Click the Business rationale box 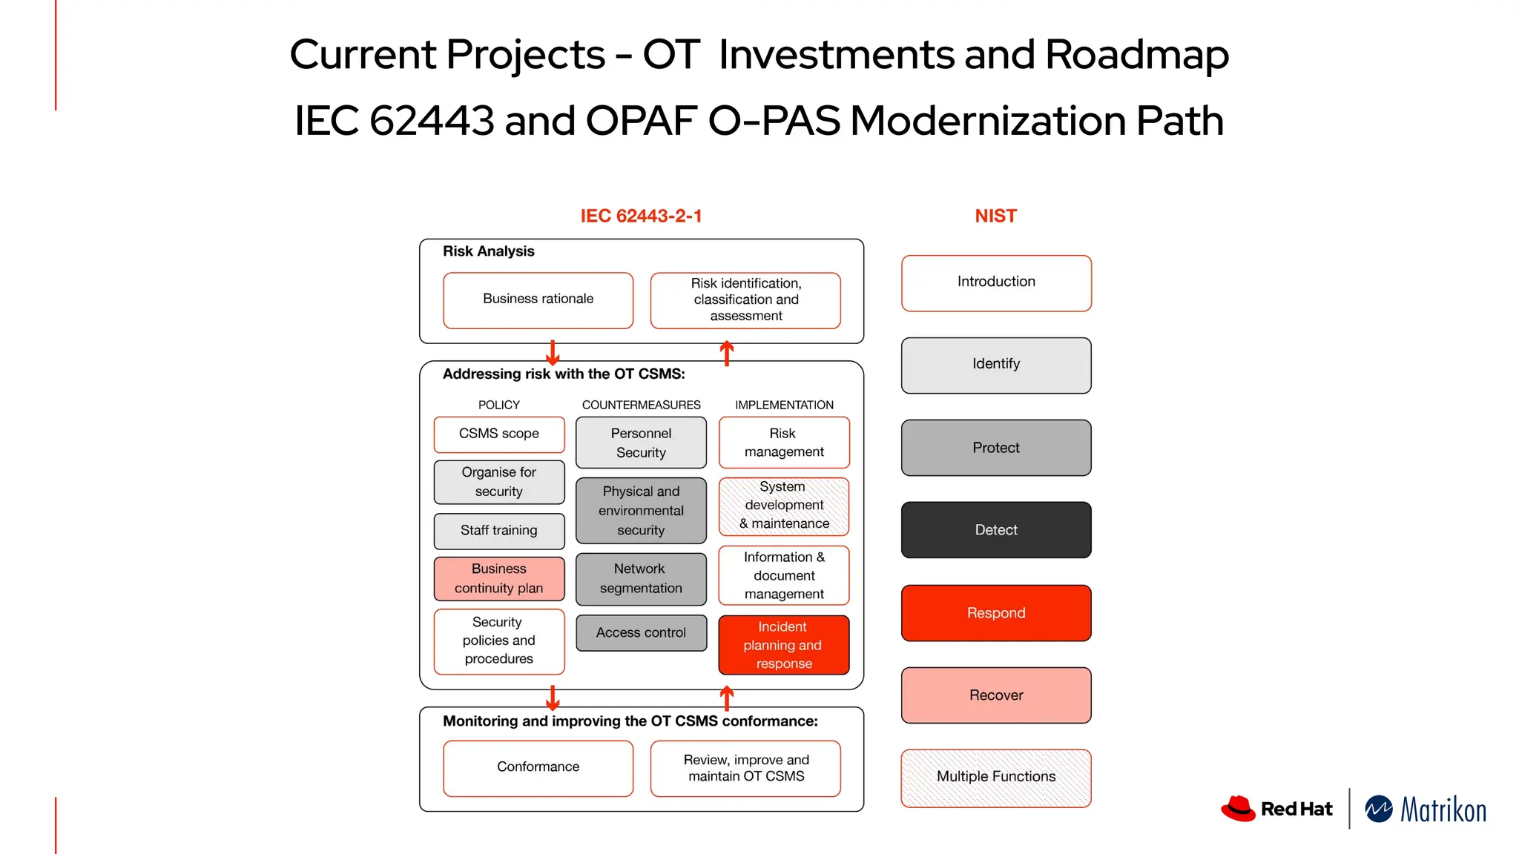tap(538, 300)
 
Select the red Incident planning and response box tap(783, 645)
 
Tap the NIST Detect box tap(995, 530)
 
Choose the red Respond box tap(995, 613)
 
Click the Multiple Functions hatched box tap(995, 778)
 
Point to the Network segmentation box tap(641, 579)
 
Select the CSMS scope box tap(498, 434)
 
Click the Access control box tap(641, 633)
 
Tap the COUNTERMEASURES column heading tap(641, 405)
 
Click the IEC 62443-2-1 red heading tap(641, 216)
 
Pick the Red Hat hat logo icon tap(1238, 809)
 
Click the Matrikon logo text tap(1443, 810)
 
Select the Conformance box tap(538, 768)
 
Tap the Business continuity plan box tap(498, 579)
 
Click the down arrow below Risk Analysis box tap(553, 353)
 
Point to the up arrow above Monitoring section tap(727, 698)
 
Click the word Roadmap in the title tap(1136, 55)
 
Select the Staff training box tap(498, 531)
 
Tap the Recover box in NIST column tap(995, 695)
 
